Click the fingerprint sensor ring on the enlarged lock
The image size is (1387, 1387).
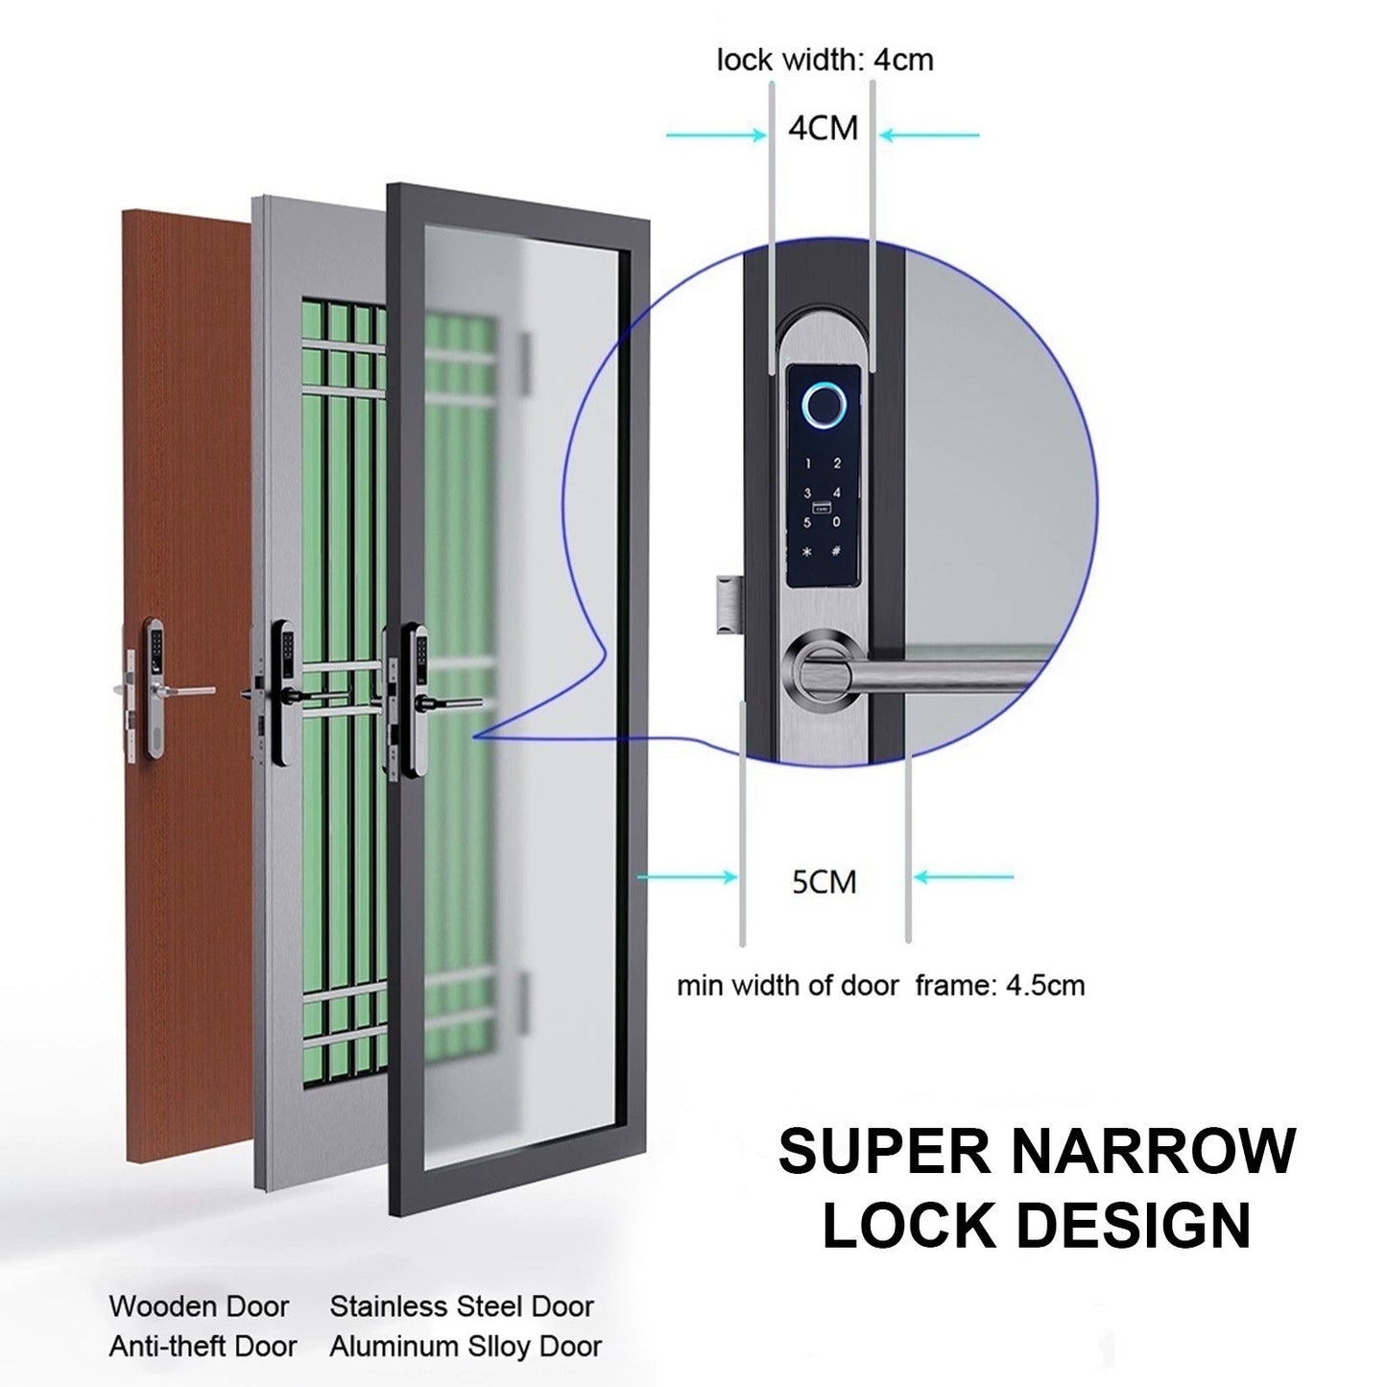tap(822, 406)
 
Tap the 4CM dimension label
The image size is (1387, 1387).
tap(823, 128)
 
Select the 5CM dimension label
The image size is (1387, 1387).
tap(824, 881)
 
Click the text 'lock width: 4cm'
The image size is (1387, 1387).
tap(825, 60)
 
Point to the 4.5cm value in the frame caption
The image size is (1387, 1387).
tap(1045, 985)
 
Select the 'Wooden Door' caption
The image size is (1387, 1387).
tap(199, 1306)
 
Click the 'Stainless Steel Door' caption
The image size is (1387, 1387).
tap(462, 1306)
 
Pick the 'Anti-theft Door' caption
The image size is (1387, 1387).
tap(203, 1347)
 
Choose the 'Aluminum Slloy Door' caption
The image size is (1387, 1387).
tap(466, 1347)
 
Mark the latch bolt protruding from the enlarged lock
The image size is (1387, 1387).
tap(728, 603)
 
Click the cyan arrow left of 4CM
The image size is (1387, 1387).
tap(715, 135)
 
